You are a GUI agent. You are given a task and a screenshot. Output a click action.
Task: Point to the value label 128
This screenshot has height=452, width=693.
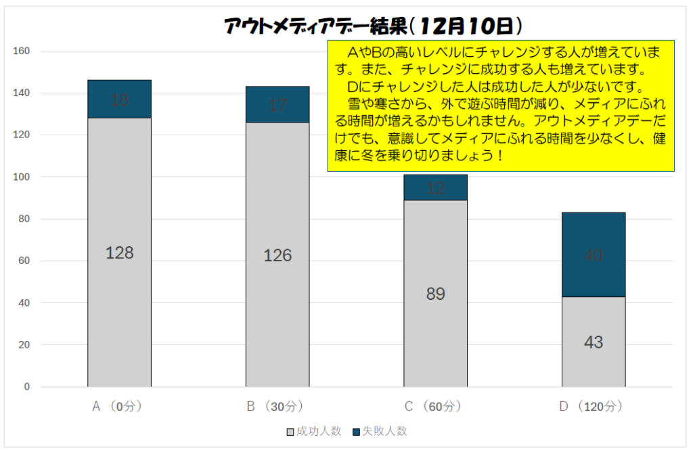[x=120, y=253]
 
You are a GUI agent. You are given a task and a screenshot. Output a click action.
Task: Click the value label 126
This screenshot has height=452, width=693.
[x=277, y=255]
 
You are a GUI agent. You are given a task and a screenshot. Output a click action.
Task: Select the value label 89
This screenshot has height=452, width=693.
[x=435, y=294]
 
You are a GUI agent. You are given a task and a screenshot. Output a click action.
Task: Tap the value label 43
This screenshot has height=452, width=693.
[x=594, y=342]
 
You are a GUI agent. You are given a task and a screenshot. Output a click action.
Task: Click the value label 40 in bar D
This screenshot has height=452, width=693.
[x=594, y=256]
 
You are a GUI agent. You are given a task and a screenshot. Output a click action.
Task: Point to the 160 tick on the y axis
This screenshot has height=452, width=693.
[x=22, y=51]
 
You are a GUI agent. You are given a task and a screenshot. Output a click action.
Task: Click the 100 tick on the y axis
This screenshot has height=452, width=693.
[x=22, y=177]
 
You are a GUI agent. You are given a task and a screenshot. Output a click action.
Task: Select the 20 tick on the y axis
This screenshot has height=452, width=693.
[x=24, y=345]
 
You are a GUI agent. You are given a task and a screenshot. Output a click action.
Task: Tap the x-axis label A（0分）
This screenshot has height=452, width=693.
[x=117, y=407]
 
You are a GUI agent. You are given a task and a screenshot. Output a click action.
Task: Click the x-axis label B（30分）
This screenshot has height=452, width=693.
[x=275, y=407]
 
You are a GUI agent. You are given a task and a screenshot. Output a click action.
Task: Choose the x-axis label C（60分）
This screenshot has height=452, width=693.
[x=433, y=407]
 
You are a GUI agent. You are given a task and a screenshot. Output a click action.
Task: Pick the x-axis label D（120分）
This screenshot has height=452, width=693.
[x=591, y=407]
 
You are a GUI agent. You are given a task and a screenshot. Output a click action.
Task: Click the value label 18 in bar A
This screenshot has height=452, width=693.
[x=120, y=100]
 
